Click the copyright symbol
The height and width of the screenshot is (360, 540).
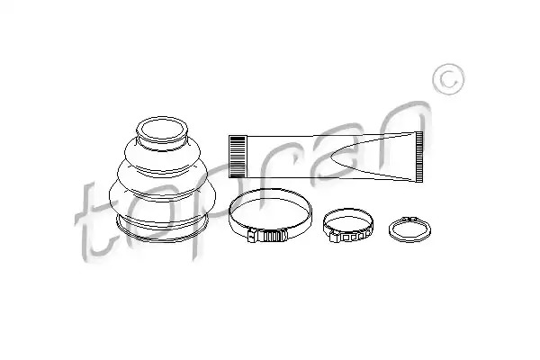(x=448, y=79)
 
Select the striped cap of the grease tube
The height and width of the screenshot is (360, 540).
(x=238, y=157)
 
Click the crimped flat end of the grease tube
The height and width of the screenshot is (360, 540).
(x=419, y=157)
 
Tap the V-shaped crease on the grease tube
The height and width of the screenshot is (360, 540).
(x=372, y=157)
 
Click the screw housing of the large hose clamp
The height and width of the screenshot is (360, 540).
(x=267, y=236)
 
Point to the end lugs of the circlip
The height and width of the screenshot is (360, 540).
(x=409, y=219)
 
